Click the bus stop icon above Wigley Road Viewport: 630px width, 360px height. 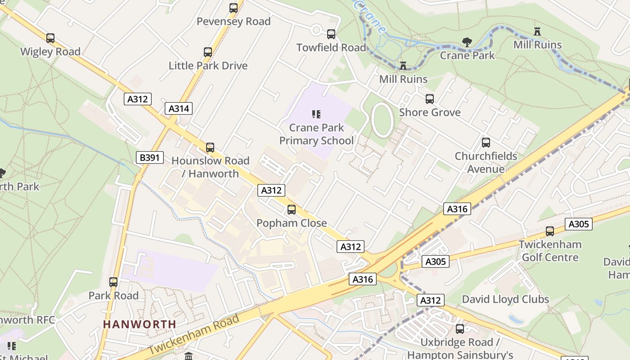tap(50, 38)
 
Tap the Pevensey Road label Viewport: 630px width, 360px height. tap(234, 21)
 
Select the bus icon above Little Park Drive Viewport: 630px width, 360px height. tap(207, 52)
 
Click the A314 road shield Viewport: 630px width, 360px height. tap(179, 108)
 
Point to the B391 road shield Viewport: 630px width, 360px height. tap(149, 157)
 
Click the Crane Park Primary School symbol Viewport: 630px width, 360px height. tap(316, 114)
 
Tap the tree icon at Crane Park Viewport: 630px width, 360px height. tap(467, 42)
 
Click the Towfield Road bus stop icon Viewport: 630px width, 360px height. tap(331, 34)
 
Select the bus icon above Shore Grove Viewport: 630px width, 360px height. tap(430, 99)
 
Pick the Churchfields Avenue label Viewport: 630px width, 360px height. tap(486, 162)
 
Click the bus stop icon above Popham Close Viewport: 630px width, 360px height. tap(292, 210)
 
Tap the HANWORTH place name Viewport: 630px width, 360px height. tap(139, 324)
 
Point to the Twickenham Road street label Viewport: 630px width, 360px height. tap(193, 335)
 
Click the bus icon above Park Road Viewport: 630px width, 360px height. tap(113, 282)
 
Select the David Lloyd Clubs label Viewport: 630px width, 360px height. tap(505, 299)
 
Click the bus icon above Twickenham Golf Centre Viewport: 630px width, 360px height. tap(550, 231)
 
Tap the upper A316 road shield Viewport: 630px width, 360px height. tap(457, 209)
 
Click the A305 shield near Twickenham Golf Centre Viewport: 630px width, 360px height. tap(579, 224)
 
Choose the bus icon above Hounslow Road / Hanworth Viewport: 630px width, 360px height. tap(210, 148)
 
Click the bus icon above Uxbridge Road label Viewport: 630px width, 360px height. tap(460, 329)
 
